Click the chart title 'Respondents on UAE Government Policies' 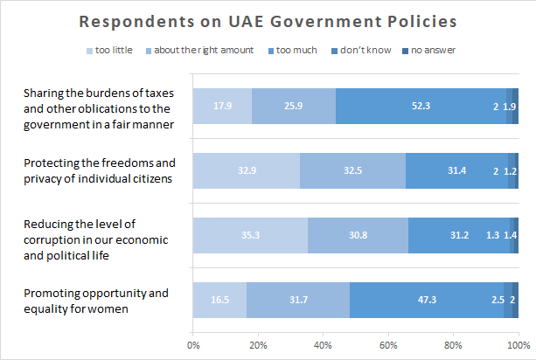click(268, 20)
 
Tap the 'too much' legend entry click(294, 50)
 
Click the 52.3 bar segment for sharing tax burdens click(421, 106)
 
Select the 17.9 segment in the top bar click(222, 106)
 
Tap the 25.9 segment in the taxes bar click(294, 106)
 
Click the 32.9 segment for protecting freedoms click(247, 171)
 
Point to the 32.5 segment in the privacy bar click(352, 171)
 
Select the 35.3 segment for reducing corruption click(250, 236)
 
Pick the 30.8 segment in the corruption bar click(358, 236)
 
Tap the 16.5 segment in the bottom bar click(219, 301)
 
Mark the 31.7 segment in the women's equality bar click(298, 301)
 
